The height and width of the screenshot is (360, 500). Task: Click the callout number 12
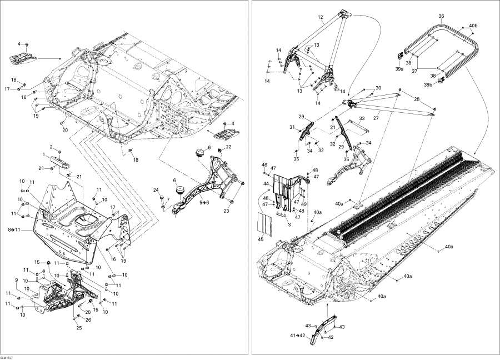point(321,18)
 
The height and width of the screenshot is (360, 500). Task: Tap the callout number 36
point(441,16)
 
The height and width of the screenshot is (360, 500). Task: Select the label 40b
point(473,26)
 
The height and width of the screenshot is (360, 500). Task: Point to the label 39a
point(399,69)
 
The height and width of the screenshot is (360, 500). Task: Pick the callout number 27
point(376,118)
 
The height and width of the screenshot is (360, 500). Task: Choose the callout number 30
point(378,88)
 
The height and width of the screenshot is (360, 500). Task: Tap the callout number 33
point(361,118)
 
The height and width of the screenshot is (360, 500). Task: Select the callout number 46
point(264,165)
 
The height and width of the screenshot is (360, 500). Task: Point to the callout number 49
point(303,204)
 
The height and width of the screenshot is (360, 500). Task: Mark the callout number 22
point(228,147)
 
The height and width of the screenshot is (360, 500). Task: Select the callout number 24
point(156,190)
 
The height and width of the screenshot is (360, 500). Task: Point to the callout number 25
point(79,328)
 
